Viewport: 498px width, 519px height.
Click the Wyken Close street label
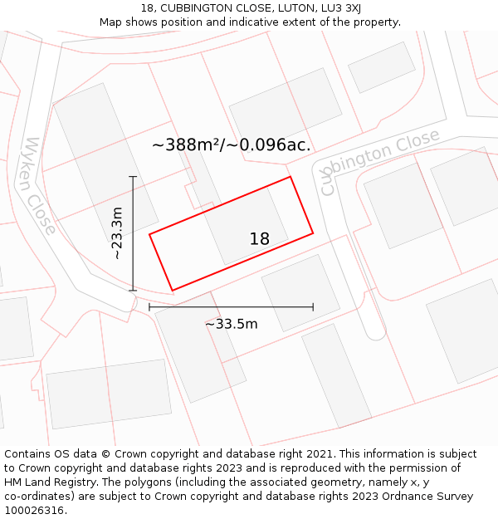[41, 186]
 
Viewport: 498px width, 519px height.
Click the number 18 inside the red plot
[259, 239]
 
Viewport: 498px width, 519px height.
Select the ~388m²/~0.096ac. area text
[232, 144]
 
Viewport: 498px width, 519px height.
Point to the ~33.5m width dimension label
[232, 324]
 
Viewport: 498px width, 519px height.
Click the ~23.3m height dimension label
[117, 233]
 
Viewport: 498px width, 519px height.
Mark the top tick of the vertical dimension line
[133, 177]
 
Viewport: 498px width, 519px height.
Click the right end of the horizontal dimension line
[313, 307]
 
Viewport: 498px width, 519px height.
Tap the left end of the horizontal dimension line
[149, 307]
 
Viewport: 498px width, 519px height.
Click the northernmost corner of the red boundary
[290, 177]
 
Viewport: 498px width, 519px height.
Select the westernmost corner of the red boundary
[149, 234]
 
